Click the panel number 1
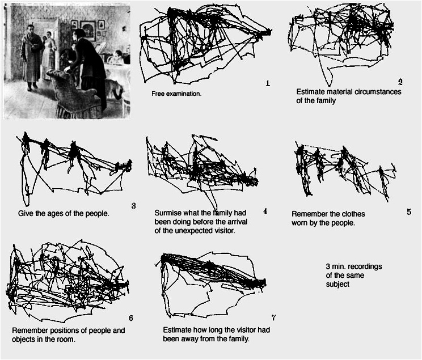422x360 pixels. [x=268, y=83]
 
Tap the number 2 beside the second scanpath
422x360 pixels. [x=400, y=82]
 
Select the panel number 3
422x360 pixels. [x=133, y=206]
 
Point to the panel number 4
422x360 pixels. [x=265, y=211]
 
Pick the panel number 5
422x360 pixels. [x=409, y=212]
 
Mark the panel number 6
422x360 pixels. [x=131, y=318]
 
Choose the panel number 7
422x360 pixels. [x=273, y=317]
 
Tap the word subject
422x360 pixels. [x=337, y=285]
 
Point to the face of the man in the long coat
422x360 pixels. [x=31, y=29]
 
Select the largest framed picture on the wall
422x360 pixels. [x=88, y=31]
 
